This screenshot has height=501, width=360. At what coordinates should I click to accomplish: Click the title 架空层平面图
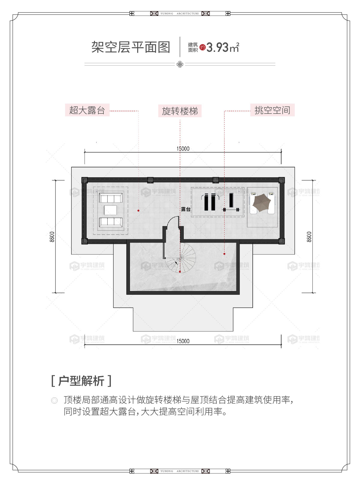tap(131, 47)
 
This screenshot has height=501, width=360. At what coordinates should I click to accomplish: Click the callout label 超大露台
tap(87, 110)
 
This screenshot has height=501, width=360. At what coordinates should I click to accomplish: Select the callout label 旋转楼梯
tap(180, 111)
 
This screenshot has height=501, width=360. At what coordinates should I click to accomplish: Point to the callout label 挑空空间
tap(272, 110)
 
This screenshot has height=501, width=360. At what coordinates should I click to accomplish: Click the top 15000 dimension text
tap(183, 149)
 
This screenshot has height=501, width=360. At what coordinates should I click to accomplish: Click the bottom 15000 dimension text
tap(183, 341)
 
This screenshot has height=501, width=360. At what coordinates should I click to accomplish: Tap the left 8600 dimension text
tap(52, 237)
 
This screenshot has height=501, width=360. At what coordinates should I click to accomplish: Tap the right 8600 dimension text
tap(309, 237)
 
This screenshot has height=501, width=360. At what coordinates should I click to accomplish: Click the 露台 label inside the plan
tap(186, 209)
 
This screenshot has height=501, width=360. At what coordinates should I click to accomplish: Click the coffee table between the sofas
tap(111, 210)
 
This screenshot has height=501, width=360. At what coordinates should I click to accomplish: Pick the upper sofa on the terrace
tap(111, 198)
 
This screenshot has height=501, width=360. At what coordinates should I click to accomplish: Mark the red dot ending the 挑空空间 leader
tap(224, 254)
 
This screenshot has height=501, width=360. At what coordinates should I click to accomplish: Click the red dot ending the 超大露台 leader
tap(138, 211)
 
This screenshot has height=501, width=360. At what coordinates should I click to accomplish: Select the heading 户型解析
tap(81, 381)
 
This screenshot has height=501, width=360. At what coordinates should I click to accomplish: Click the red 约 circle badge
tap(203, 47)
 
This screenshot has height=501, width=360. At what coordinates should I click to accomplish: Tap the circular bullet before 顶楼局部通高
tap(54, 400)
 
